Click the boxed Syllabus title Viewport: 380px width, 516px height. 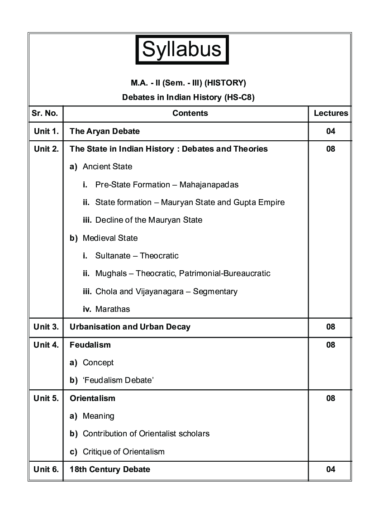pos(182,49)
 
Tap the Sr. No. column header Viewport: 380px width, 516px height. pos(46,113)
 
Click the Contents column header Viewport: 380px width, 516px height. pos(190,113)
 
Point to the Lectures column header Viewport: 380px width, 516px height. pos(331,113)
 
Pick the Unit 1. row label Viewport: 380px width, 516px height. pos(46,131)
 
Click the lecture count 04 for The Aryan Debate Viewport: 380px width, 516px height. pos(331,131)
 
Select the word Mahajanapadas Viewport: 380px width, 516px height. pos(209,185)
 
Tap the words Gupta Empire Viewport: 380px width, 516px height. pos(259,202)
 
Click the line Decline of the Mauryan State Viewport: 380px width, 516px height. pos(149,220)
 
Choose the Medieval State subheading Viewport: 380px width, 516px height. pos(110,238)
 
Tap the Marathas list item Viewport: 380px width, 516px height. pos(113,309)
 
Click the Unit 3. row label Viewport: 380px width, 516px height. pos(46,327)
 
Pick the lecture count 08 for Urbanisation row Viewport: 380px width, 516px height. pos(331,327)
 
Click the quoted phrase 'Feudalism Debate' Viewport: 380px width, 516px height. pos(119,380)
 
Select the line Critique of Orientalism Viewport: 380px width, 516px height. pos(123,452)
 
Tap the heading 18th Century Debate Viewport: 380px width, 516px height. pos(110,469)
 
